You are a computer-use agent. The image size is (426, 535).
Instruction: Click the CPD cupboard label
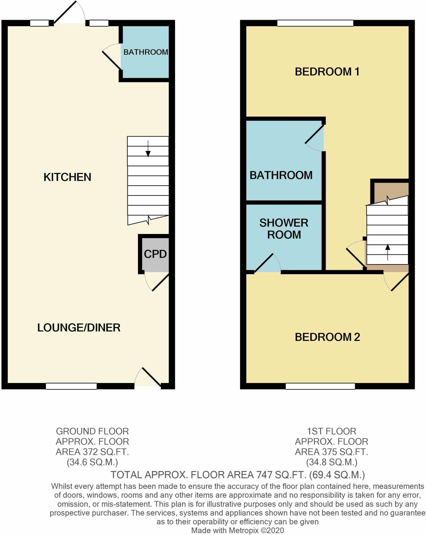tap(155, 254)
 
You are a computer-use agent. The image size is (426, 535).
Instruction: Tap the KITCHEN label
tap(67, 177)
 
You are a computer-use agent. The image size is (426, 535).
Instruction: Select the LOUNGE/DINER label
tap(79, 328)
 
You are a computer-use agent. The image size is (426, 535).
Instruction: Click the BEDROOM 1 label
tap(327, 72)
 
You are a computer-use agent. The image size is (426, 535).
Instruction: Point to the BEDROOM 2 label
tap(327, 337)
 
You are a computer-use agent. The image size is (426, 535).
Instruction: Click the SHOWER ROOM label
tap(284, 229)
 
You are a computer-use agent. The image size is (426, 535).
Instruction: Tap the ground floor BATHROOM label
tap(146, 52)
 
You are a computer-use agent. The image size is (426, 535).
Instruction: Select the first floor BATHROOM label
tap(281, 175)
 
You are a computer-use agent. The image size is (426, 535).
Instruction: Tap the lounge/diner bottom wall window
tap(71, 386)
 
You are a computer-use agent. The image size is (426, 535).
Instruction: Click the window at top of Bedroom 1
tap(315, 23)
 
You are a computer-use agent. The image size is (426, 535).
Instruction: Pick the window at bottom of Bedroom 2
tap(320, 386)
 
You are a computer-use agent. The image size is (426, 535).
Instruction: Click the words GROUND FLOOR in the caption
tap(92, 431)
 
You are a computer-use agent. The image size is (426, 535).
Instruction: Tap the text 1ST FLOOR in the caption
tap(331, 431)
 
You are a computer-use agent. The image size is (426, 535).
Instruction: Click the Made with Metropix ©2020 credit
tap(237, 530)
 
